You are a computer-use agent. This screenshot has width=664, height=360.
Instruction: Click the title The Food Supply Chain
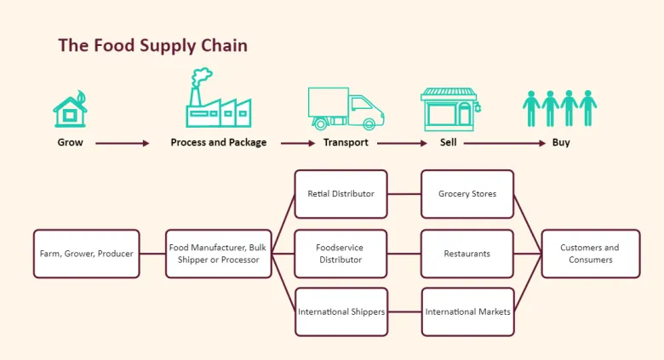point(152,45)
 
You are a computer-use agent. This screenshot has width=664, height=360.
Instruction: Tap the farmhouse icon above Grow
point(70,110)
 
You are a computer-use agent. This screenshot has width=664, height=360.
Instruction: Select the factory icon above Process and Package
point(218,100)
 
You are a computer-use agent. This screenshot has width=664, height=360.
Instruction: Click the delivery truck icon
point(345,108)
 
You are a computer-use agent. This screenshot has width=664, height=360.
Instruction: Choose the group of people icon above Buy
point(559,109)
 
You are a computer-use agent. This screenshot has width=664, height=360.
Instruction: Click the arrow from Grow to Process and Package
point(123,143)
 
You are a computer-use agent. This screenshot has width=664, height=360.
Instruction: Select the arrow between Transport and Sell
point(402,143)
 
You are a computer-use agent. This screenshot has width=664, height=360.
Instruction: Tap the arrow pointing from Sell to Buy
point(504,143)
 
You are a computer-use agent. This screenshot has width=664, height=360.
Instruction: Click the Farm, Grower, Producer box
point(86,254)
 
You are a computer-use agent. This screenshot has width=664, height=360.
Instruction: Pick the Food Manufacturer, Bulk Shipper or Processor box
point(218,254)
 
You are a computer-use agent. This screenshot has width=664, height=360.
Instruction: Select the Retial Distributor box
point(341,194)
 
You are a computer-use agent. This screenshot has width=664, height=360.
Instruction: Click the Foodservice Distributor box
point(341,254)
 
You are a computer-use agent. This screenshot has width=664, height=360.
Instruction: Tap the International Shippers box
point(341,312)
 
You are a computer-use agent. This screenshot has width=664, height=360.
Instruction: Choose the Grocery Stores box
point(467,194)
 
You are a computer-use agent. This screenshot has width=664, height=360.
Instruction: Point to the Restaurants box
point(467,254)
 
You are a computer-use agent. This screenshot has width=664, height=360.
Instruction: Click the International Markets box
point(467,312)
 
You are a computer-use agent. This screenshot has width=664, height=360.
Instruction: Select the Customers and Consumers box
point(590,254)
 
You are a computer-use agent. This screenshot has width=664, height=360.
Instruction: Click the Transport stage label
point(346,143)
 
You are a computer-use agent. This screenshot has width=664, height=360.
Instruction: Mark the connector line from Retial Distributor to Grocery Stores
point(404,194)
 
